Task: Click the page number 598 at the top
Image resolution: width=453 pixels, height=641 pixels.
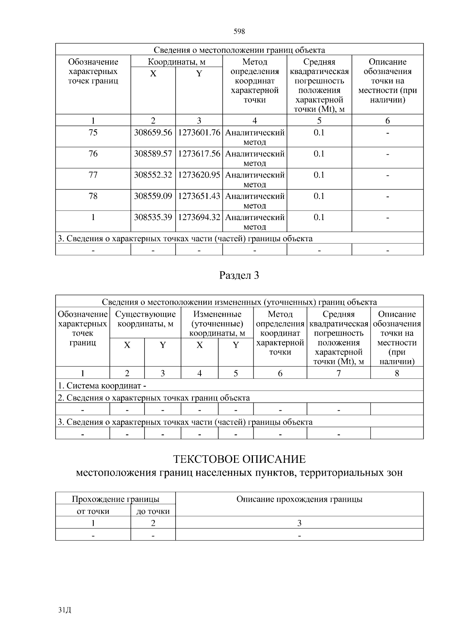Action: click(239, 32)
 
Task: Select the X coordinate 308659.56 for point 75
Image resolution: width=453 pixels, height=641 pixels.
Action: click(153, 133)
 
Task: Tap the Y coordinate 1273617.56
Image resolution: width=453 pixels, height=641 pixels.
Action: click(199, 154)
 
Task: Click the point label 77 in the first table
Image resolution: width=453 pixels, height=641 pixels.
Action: click(93, 175)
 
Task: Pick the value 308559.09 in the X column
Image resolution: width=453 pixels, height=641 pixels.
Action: click(153, 196)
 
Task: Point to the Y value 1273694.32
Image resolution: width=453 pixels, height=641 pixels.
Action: click(199, 217)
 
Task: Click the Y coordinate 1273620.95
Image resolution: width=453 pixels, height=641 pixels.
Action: click(199, 175)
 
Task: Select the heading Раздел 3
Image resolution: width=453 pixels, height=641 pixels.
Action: click(239, 276)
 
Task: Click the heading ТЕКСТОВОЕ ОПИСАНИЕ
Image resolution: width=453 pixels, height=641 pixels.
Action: click(239, 459)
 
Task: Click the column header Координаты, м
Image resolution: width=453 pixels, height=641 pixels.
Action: click(176, 62)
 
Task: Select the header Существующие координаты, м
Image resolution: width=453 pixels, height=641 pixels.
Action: click(145, 319)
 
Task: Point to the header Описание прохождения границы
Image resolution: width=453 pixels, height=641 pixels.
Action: click(299, 499)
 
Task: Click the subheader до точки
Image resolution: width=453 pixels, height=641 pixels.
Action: click(153, 512)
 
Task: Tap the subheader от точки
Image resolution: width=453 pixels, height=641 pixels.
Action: click(93, 512)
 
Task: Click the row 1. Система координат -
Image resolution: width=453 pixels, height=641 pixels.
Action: click(102, 386)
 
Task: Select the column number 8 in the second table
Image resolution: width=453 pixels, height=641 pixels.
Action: click(397, 373)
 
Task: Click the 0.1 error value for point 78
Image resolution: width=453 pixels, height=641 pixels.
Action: click(319, 196)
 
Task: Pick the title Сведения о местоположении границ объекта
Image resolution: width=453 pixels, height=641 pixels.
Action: click(239, 50)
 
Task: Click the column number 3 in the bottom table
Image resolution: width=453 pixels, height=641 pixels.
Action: click(299, 523)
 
